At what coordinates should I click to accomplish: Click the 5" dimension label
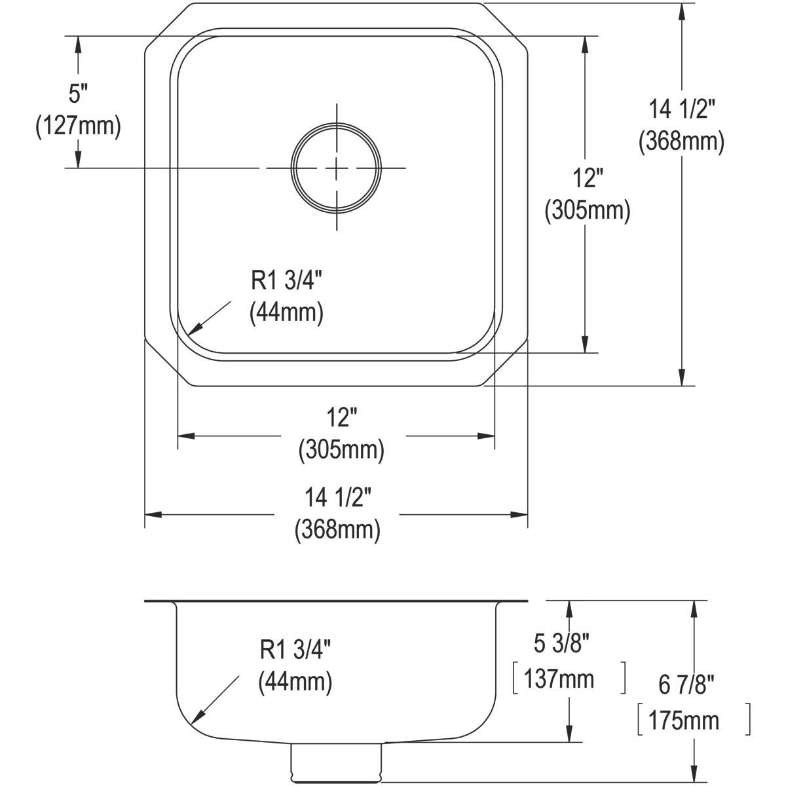tap(79, 94)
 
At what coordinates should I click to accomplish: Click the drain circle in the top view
tap(337, 168)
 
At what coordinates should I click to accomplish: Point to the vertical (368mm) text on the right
tap(681, 141)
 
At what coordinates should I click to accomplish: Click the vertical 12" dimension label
tap(588, 178)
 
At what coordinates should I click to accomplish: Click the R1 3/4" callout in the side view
tap(295, 650)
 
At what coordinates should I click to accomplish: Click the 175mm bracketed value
tap(684, 720)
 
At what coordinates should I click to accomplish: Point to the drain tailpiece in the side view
tap(335, 763)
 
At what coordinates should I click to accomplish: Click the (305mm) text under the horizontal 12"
tap(341, 449)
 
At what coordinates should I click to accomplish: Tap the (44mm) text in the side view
tap(295, 683)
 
